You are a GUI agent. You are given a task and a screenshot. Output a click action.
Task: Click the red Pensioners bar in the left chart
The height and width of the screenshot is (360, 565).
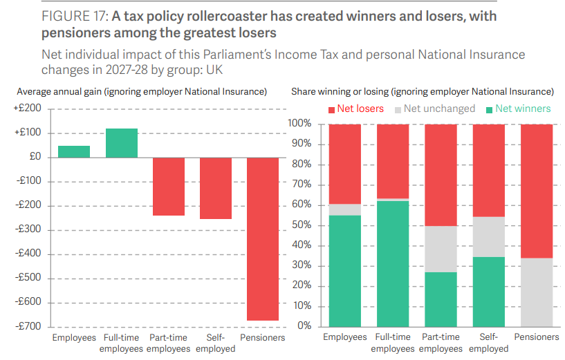[263, 239]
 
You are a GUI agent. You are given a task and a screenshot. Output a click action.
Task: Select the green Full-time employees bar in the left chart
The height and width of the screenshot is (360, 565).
[121, 143]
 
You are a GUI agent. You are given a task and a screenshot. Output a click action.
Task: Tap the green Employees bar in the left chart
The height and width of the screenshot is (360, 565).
[73, 151]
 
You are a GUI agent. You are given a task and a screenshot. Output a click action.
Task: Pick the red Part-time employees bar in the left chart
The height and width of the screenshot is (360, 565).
[168, 187]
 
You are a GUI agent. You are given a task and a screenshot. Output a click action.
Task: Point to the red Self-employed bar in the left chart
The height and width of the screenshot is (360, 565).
[216, 188]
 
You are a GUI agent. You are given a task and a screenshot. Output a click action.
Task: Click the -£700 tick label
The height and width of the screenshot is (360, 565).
[28, 326]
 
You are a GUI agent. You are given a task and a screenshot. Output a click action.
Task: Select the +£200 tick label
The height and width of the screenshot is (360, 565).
[28, 108]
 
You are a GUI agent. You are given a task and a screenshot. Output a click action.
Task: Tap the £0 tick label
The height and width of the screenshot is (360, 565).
[33, 157]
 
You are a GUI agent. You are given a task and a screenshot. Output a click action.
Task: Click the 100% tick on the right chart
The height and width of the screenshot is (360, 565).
[302, 124]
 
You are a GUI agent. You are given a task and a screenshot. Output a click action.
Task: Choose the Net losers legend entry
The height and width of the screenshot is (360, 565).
[358, 108]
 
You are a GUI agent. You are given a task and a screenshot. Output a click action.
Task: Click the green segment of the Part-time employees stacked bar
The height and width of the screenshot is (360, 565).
[441, 299]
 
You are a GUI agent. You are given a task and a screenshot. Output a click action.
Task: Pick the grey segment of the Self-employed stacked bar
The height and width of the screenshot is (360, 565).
[488, 237]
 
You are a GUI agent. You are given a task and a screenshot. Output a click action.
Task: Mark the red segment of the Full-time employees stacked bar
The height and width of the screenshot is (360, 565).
[392, 161]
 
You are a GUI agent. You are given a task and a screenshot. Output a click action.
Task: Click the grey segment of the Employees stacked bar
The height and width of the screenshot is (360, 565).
[344, 209]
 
